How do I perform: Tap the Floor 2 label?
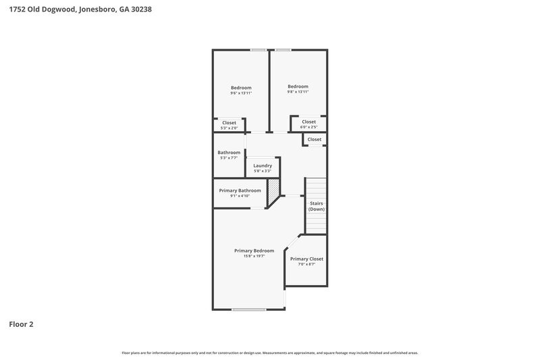21,324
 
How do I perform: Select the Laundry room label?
263,165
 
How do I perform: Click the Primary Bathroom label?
240,190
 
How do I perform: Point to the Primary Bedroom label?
254,251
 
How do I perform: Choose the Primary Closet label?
306,259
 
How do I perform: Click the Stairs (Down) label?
317,206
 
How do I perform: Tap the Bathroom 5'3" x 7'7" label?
229,153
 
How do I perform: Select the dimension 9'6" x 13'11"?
241,93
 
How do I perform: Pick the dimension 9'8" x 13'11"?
298,92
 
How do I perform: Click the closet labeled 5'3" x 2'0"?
229,128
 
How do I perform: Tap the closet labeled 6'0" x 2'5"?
308,127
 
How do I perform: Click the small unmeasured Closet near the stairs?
315,139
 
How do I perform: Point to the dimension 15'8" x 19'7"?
254,256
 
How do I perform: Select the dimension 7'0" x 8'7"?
306,264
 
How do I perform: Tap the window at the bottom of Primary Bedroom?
249,309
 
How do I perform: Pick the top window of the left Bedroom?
257,50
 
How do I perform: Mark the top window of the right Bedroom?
283,50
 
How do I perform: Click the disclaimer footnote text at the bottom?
269,353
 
